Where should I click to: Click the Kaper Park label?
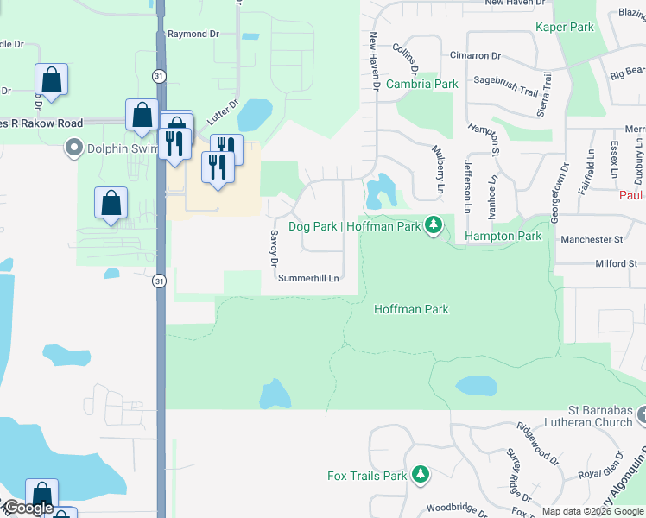pyautogui.click(x=565, y=28)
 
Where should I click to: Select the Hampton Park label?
pyautogui.click(x=503, y=236)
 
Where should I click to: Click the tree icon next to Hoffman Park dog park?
pyautogui.click(x=434, y=226)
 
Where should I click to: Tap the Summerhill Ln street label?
pyautogui.click(x=307, y=278)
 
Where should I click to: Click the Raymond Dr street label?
pyautogui.click(x=193, y=34)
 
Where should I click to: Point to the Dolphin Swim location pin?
pyautogui.click(x=73, y=148)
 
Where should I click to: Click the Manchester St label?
pyautogui.click(x=592, y=239)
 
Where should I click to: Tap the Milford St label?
pyautogui.click(x=615, y=263)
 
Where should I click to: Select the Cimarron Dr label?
pyautogui.click(x=475, y=55)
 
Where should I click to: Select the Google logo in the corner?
pyautogui.click(x=28, y=508)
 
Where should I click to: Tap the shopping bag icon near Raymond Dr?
pyautogui.click(x=52, y=80)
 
